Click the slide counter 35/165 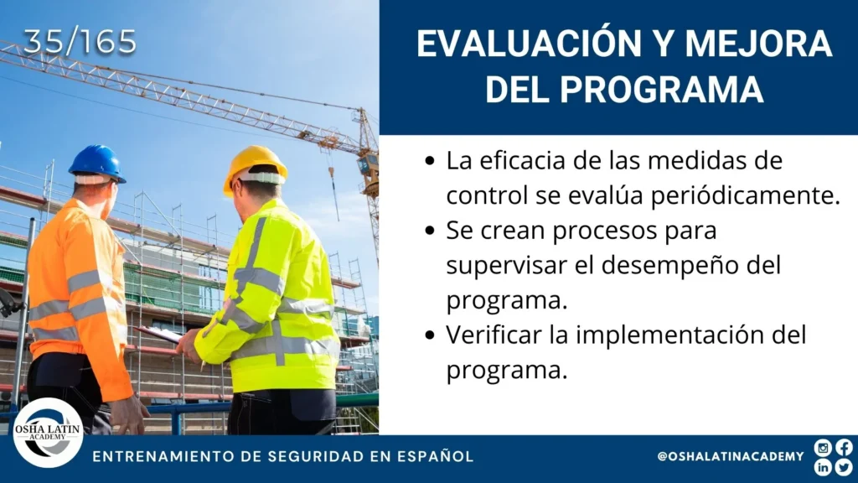click(80, 42)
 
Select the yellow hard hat click(255, 167)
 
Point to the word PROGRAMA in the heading click(662, 89)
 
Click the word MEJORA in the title click(758, 44)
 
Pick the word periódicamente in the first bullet click(704, 195)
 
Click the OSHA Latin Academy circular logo click(48, 433)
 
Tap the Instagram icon click(823, 448)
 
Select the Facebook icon click(844, 448)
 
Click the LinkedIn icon click(823, 466)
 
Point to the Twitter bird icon click(844, 466)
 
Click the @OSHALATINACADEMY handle click(731, 456)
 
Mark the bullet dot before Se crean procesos click(430, 231)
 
